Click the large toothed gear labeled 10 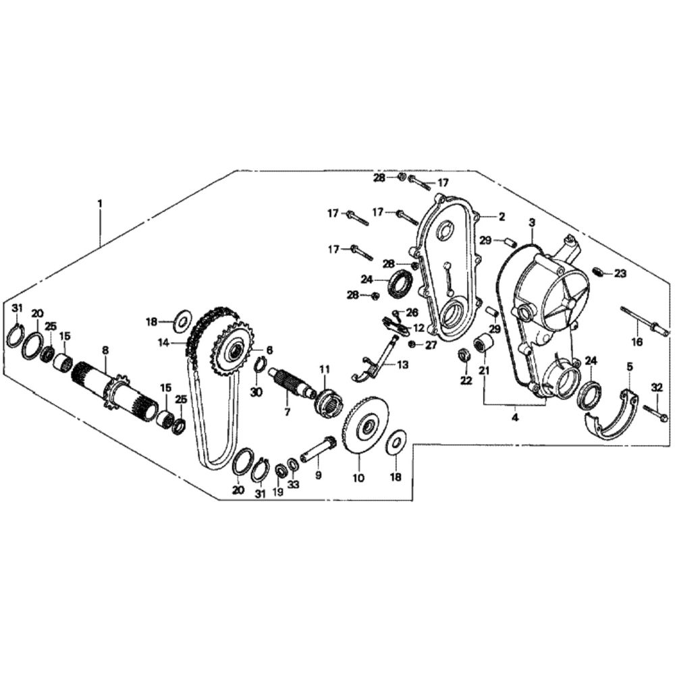pos(367,426)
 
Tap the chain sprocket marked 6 pos(233,350)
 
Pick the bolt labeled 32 pos(655,411)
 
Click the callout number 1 pos(100,203)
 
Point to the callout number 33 pos(294,484)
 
